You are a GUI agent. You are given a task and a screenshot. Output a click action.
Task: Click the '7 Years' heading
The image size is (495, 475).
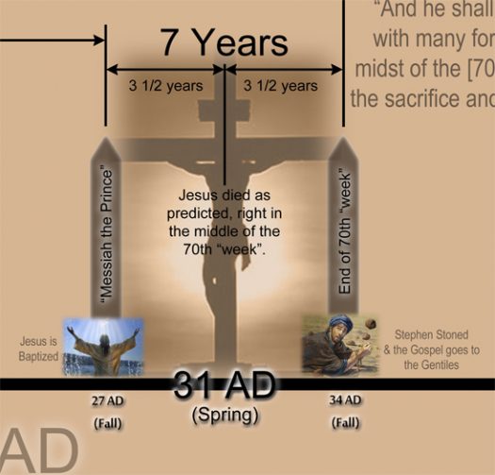223,42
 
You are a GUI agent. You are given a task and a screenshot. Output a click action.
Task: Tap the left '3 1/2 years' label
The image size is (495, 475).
165,86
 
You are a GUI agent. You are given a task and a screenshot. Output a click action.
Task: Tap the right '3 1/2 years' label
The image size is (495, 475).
280,86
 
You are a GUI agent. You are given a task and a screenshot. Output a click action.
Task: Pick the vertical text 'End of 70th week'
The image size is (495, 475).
344,231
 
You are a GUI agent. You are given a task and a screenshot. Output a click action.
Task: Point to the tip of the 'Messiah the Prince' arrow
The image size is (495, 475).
107,141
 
